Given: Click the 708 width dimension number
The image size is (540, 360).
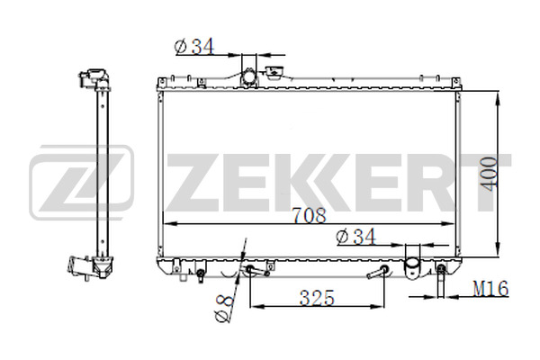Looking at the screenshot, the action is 309,215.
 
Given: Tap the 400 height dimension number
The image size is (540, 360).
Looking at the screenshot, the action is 489,174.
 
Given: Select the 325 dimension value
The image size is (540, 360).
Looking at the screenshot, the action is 317,298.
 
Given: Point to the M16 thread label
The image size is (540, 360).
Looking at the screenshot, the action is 490,289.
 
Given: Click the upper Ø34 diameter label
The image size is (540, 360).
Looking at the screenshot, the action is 194,47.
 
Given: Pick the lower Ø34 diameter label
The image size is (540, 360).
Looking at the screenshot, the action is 356,237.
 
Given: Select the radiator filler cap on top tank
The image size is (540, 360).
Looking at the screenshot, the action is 274,73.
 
